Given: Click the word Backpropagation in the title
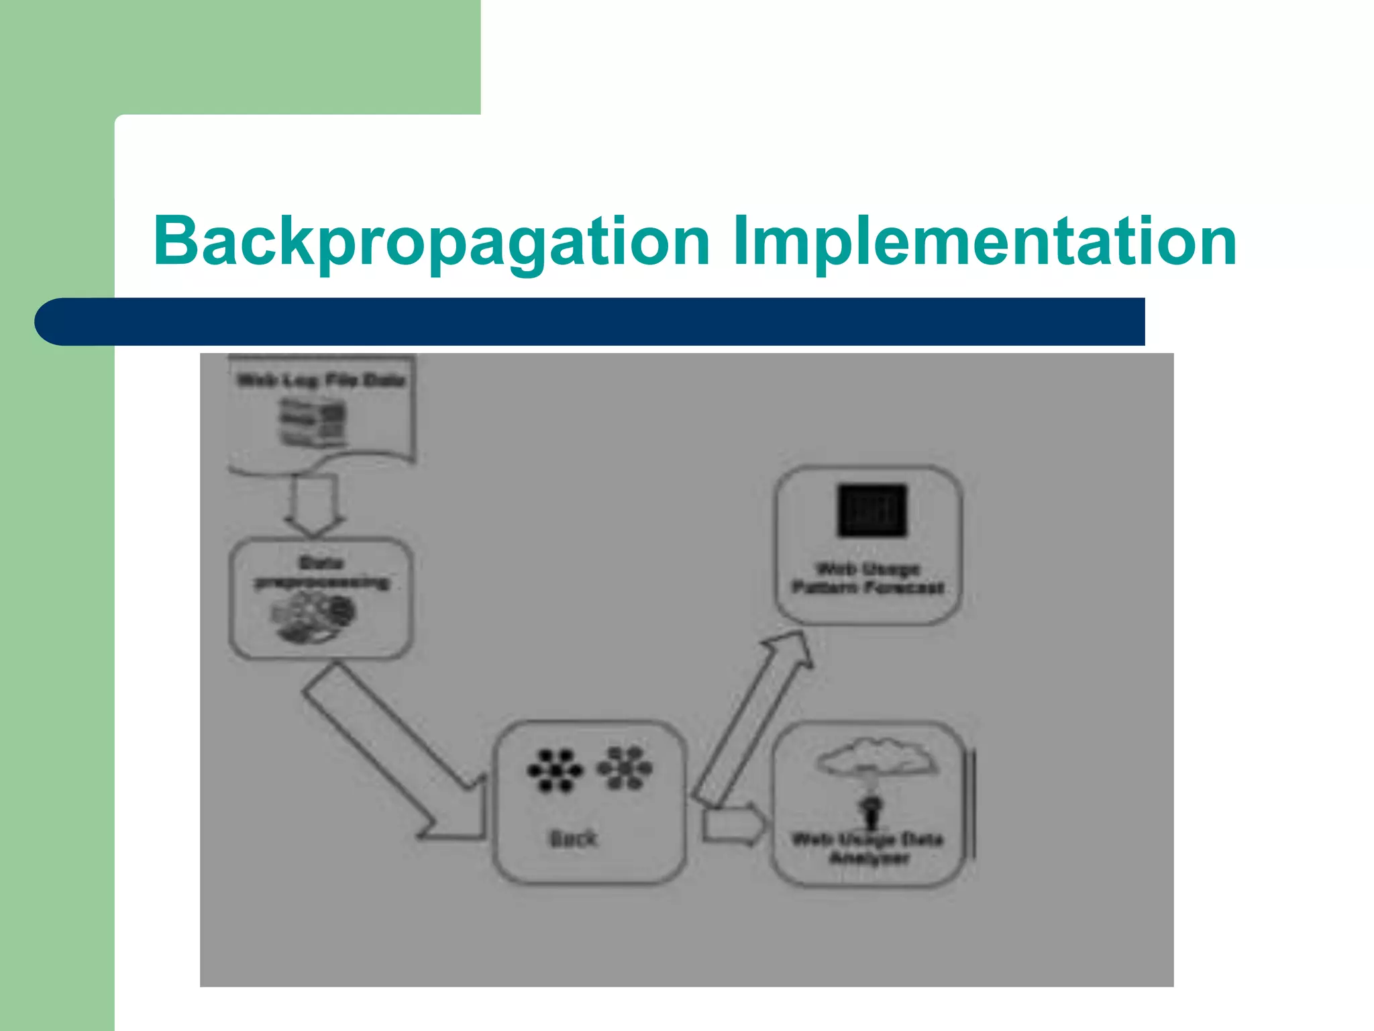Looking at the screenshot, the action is [431, 242].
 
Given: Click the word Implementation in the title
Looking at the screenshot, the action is [984, 242].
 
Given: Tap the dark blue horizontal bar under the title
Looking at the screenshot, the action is [590, 322].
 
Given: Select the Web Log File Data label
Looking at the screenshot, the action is [321, 381].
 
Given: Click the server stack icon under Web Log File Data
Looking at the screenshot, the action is [313, 422].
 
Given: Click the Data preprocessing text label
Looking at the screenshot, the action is [321, 573].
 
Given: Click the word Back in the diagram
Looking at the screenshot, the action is [573, 838].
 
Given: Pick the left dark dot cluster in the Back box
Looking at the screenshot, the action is [554, 771].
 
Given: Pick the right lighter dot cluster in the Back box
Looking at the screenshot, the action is [625, 767].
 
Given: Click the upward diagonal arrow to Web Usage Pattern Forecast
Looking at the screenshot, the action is [751, 718].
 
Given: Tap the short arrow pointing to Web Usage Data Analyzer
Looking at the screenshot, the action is [733, 825].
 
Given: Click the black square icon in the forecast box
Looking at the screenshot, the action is [871, 510].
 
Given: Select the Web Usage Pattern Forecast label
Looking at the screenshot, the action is [868, 579].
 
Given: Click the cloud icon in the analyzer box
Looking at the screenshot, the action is [876, 756].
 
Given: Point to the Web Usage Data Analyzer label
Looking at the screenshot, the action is [868, 848].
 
